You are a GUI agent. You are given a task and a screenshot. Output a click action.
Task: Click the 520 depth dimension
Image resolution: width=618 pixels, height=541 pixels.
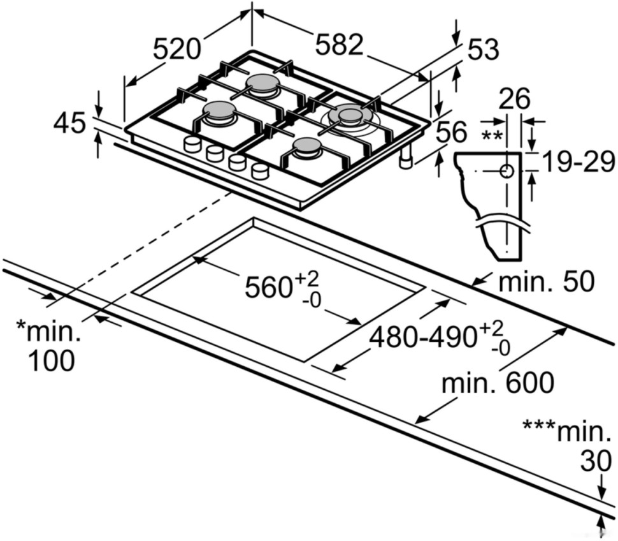[177, 48]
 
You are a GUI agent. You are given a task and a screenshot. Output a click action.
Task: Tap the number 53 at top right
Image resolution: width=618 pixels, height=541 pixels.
[482, 50]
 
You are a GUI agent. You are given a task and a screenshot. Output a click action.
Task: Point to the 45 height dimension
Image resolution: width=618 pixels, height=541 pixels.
[69, 123]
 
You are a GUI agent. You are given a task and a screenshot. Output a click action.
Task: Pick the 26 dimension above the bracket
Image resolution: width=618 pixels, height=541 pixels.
[514, 100]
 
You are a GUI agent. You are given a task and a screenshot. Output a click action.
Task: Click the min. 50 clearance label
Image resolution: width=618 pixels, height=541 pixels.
[545, 281]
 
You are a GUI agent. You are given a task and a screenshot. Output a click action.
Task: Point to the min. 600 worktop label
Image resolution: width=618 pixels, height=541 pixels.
[498, 383]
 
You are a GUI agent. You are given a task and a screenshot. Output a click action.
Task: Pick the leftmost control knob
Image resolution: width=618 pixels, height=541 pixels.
[192, 144]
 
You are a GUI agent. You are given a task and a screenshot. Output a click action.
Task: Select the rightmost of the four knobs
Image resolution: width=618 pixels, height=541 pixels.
[260, 170]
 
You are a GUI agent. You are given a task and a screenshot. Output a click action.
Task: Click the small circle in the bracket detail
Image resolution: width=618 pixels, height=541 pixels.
[507, 172]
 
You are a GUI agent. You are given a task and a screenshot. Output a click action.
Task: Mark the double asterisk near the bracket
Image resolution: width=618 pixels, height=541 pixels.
[491, 136]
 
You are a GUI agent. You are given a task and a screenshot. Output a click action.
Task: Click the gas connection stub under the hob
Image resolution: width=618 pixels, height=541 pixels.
[406, 160]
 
